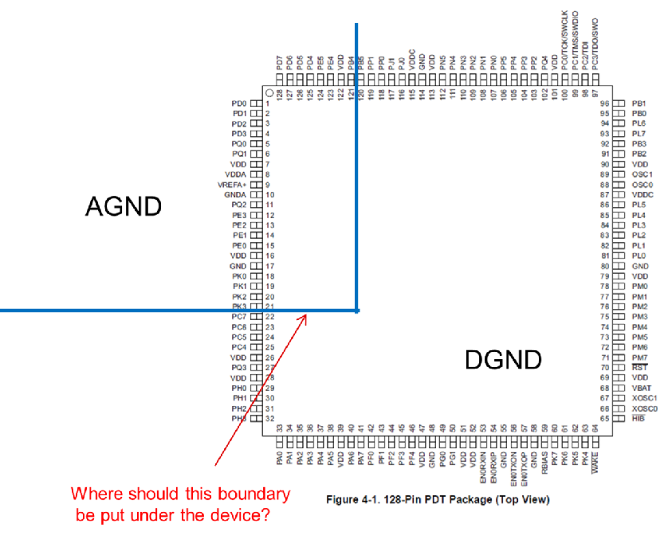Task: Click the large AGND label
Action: coord(124,207)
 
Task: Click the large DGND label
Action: coord(502,360)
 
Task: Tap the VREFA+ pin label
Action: coord(231,185)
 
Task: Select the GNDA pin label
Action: coord(234,194)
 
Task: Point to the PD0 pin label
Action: coord(238,103)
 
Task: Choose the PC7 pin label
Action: coord(238,317)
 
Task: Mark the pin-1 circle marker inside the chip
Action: coord(269,93)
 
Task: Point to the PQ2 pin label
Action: coord(238,205)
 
